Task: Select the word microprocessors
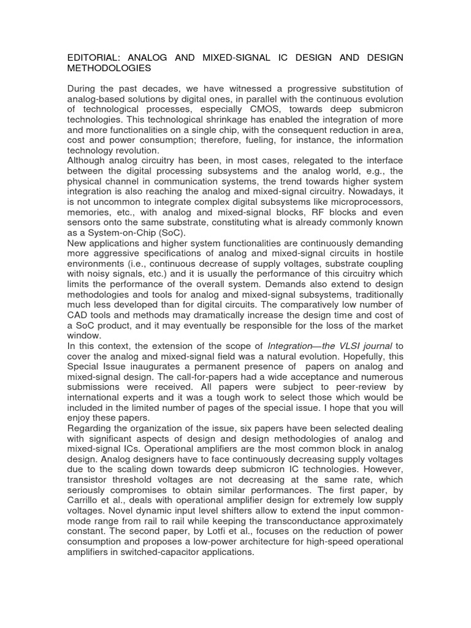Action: (363, 201)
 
